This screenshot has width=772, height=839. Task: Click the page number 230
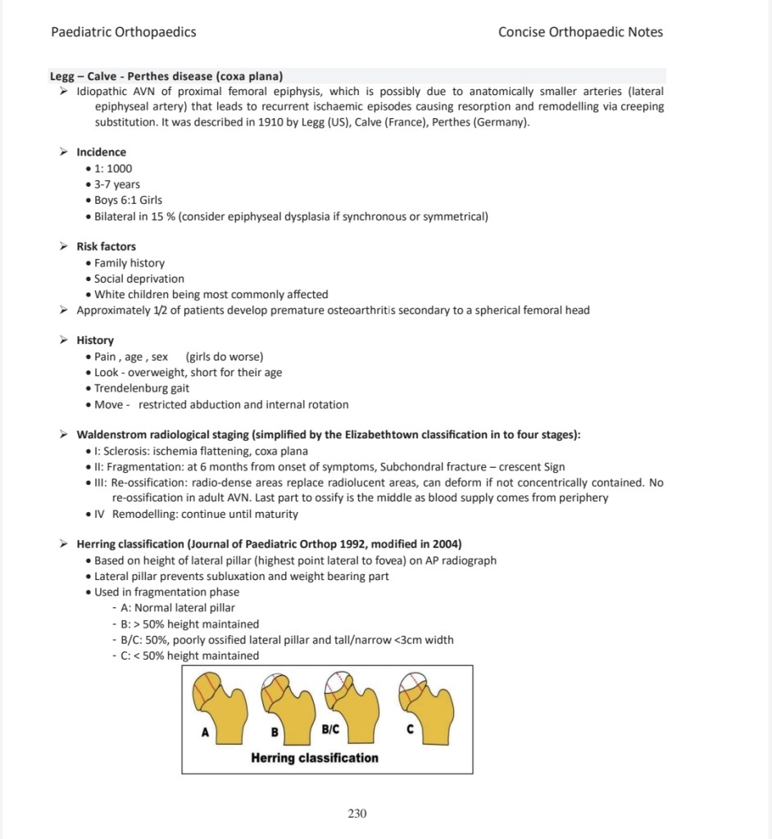coord(356,814)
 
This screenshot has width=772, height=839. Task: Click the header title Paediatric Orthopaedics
coord(123,32)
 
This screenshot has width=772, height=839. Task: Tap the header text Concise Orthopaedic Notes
coord(580,32)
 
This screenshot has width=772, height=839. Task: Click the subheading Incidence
coord(102,152)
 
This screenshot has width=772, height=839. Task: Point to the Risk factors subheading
coord(107,246)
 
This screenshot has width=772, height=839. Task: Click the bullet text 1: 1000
coord(113,168)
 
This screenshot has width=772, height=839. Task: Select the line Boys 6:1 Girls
coord(128,200)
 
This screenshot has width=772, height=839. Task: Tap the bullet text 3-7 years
coord(117,184)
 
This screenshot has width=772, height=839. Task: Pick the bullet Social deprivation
coord(139,279)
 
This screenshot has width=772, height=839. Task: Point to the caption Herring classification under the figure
coord(315,758)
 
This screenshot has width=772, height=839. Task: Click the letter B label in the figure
coord(275,731)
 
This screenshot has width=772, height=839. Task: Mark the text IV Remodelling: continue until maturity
coord(197,515)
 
